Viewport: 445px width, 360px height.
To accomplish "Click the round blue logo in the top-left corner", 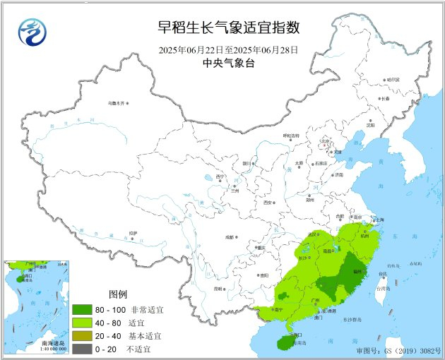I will pos(30,32).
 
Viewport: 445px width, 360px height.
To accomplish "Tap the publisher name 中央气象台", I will pos(228,63).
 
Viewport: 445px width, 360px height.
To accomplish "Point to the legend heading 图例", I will pos(118,294).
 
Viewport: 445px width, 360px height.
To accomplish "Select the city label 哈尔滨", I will pos(393,80).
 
